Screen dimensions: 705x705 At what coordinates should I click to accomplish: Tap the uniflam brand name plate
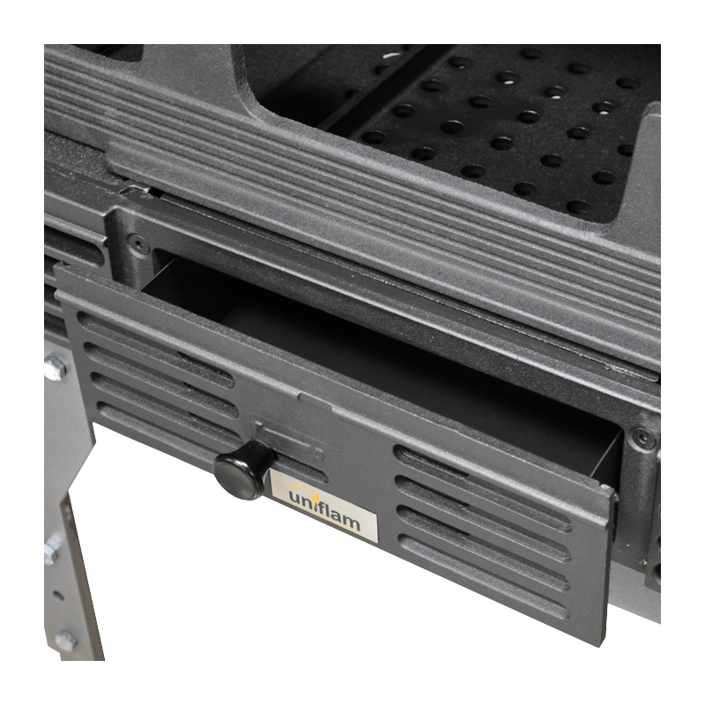(x=323, y=505)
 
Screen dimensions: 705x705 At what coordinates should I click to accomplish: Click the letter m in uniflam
(x=349, y=523)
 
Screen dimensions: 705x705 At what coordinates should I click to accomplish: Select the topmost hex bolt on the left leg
(x=55, y=367)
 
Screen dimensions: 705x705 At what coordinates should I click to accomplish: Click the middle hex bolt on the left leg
(x=51, y=548)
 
